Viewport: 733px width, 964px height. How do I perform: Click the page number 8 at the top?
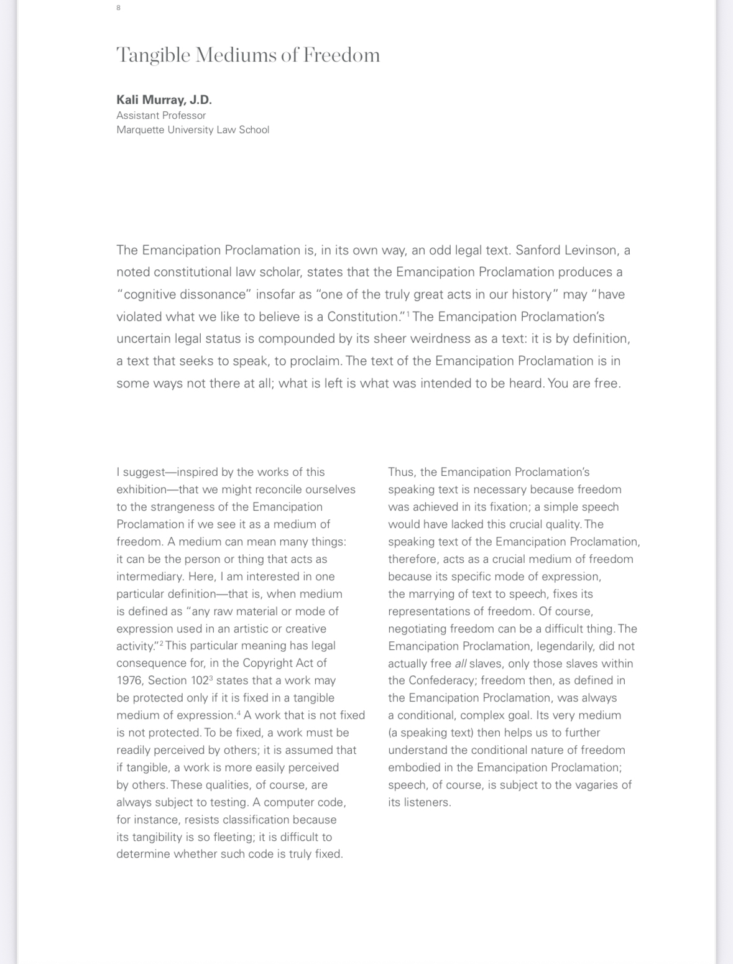pos(118,7)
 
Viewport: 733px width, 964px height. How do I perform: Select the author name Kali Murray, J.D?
pos(164,100)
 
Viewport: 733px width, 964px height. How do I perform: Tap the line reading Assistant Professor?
pos(161,115)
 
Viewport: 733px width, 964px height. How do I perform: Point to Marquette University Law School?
pos(193,130)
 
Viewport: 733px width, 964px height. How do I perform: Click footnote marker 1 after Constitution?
pos(408,313)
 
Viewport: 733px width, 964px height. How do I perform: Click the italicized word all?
pos(461,664)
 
